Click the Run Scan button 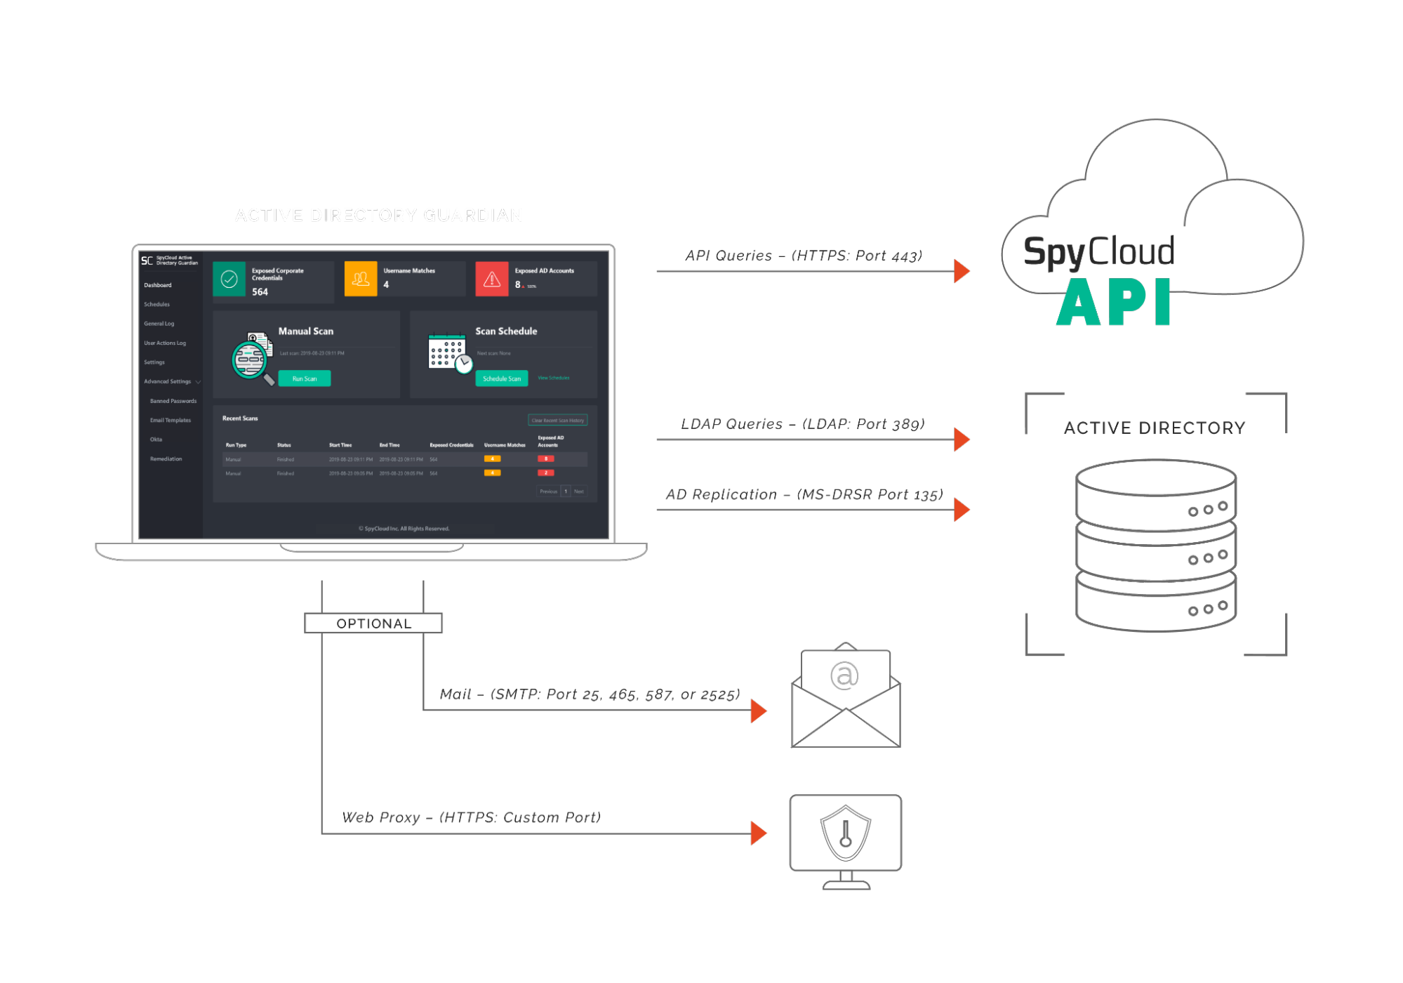pos(304,378)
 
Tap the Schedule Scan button pos(501,378)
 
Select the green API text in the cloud pos(1113,303)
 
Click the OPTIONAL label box pos(373,624)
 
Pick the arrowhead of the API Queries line pos(962,271)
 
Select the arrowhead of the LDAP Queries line pos(962,440)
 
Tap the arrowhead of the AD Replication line pos(962,510)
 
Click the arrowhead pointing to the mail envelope pos(758,711)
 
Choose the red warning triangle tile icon pos(492,279)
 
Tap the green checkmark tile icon pos(229,279)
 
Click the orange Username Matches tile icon pos(361,279)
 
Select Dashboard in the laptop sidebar pos(158,285)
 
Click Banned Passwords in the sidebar pos(173,401)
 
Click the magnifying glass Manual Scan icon pos(252,358)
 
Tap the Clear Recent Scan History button pos(557,420)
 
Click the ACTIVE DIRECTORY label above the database pos(1155,428)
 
